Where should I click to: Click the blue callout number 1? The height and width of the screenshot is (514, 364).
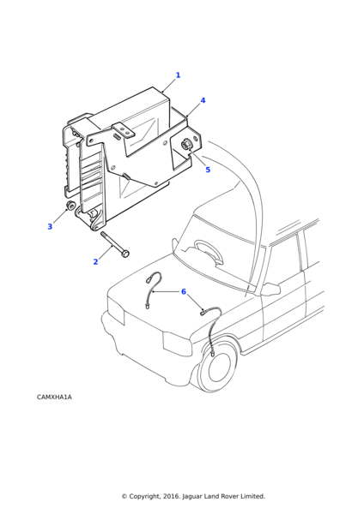click(x=178, y=75)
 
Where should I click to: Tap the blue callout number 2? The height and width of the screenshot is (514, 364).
click(x=95, y=261)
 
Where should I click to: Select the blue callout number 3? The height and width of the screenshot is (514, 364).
click(x=50, y=226)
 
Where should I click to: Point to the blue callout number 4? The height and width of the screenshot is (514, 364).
click(x=203, y=100)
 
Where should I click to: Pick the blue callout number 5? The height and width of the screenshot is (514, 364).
click(x=208, y=170)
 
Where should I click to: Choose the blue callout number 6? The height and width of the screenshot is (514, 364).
click(x=184, y=291)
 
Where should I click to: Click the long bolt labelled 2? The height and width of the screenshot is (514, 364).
click(x=115, y=244)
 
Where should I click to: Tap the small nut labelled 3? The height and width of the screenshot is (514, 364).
click(x=70, y=206)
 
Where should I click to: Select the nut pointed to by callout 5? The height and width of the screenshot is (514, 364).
click(x=186, y=144)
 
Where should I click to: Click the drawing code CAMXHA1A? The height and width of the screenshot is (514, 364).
click(x=54, y=397)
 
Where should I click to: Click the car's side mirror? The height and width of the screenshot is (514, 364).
click(x=271, y=289)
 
